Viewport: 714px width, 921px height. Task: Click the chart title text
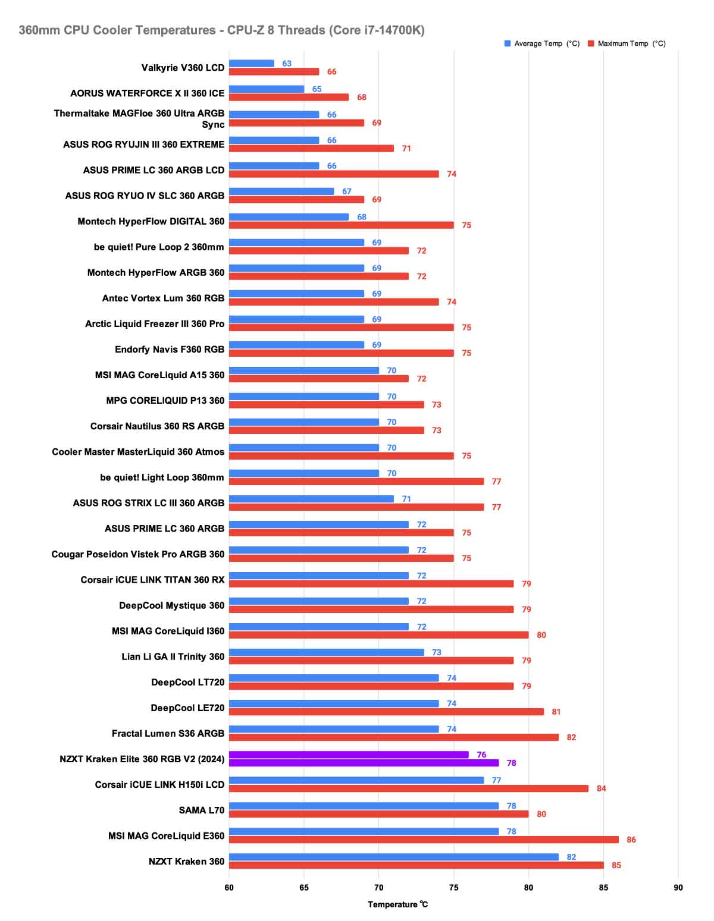[221, 30]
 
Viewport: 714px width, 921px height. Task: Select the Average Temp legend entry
[542, 43]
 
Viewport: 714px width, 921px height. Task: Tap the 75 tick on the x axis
[453, 888]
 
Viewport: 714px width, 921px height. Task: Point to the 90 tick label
[678, 888]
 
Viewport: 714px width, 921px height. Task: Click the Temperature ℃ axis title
[397, 904]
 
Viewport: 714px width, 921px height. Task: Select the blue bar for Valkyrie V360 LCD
[251, 64]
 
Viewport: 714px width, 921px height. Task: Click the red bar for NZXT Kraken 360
[416, 865]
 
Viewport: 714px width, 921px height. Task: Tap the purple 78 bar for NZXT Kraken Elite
[364, 763]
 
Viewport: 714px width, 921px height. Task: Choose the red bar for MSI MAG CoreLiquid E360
[424, 840]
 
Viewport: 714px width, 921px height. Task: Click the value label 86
[631, 840]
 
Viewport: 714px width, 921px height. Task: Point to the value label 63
[287, 64]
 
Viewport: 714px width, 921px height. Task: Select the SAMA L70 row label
[202, 810]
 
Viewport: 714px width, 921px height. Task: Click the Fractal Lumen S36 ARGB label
[168, 733]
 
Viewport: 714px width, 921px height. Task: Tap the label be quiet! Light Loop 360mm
[162, 477]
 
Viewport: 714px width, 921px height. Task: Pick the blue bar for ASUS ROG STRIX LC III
[311, 499]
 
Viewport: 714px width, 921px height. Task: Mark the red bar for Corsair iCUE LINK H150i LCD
[408, 788]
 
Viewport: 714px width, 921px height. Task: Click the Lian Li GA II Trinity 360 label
[173, 656]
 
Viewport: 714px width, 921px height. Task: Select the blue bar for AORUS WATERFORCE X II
[266, 89]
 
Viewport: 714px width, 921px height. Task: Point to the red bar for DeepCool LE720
[386, 712]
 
